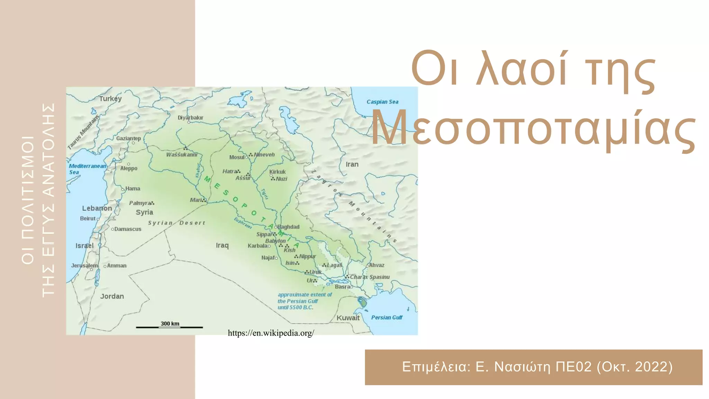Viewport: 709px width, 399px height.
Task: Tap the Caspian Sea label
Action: pos(382,102)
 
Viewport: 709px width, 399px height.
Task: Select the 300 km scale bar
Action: pos(169,327)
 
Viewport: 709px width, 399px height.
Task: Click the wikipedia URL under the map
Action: pos(271,333)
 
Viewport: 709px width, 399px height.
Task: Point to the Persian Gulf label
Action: pos(387,318)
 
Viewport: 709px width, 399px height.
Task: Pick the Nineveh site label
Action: pos(264,155)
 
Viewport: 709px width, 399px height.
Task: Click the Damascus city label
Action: pos(128,229)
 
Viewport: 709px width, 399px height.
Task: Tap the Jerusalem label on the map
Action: pos(84,266)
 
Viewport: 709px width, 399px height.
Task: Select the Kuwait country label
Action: pos(348,318)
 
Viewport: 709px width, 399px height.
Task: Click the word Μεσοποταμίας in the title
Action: pos(533,128)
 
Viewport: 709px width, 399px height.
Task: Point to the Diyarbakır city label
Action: pos(190,118)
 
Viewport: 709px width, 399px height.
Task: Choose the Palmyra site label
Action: pos(140,203)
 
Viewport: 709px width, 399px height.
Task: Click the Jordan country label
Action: pos(112,296)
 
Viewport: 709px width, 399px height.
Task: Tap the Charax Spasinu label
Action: pos(370,277)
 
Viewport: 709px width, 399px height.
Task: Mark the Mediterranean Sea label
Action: pos(87,169)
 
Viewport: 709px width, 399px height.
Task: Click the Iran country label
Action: pos(352,165)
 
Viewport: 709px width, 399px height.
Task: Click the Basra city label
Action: pos(342,287)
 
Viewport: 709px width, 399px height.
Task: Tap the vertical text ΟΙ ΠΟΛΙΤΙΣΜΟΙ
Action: pos(28,200)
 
